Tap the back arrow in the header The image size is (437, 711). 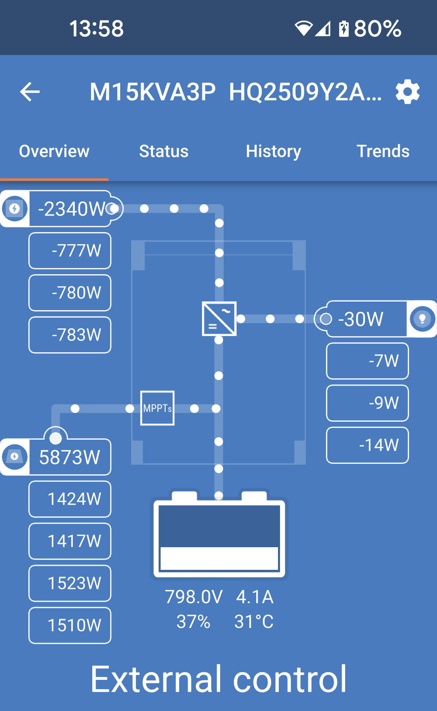pos(30,92)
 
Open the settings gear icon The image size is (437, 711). pos(407,92)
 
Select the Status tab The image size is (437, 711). pos(164,151)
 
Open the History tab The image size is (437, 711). pos(274,152)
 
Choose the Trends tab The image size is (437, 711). pos(383,151)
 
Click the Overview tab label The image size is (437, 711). pos(54,151)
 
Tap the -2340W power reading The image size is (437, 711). pos(72,209)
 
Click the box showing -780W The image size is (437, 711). pos(70,293)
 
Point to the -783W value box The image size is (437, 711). pos(70,335)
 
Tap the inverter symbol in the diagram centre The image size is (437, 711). pos(219,319)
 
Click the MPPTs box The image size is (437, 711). pos(157,408)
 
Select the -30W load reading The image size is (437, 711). pos(361,319)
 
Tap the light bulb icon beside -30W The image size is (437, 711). pos(422,319)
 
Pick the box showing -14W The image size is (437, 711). pos(367,445)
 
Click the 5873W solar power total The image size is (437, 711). pos(70,457)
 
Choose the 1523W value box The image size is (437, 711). pos(70,583)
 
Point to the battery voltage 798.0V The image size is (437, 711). pos(194,597)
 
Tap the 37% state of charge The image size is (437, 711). pos(193,622)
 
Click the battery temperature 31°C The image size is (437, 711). pos(254,622)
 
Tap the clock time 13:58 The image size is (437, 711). pos(96,29)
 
